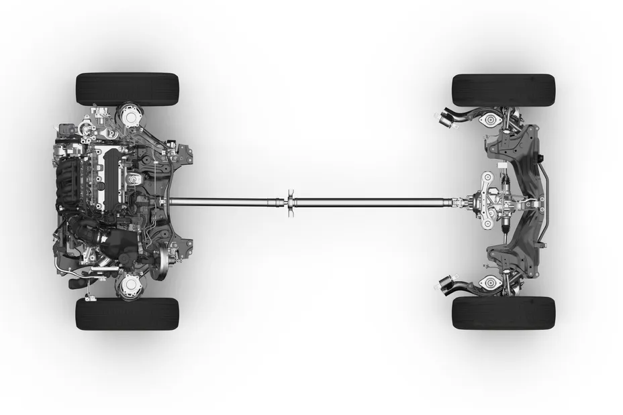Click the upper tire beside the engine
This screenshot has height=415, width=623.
(128, 88)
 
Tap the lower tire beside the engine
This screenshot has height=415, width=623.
(128, 314)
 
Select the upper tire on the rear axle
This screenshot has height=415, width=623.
(504, 90)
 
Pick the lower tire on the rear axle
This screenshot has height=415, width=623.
(504, 312)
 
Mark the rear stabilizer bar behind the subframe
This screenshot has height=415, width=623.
(547, 201)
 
